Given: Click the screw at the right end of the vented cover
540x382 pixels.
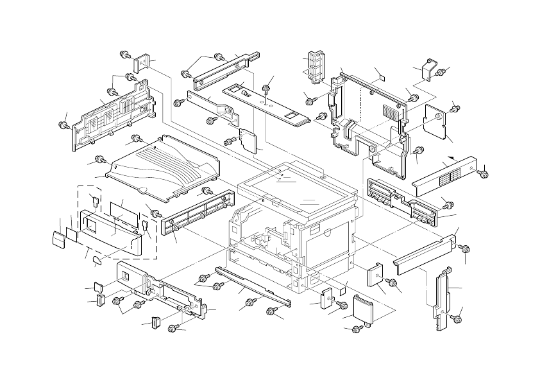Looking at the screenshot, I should pyautogui.click(x=484, y=172).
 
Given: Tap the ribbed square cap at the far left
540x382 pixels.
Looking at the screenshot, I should pyautogui.click(x=58, y=239).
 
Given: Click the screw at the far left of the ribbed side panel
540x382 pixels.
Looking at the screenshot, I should pyautogui.click(x=63, y=125).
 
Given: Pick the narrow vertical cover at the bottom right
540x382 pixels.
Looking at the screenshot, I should pyautogui.click(x=441, y=300).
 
